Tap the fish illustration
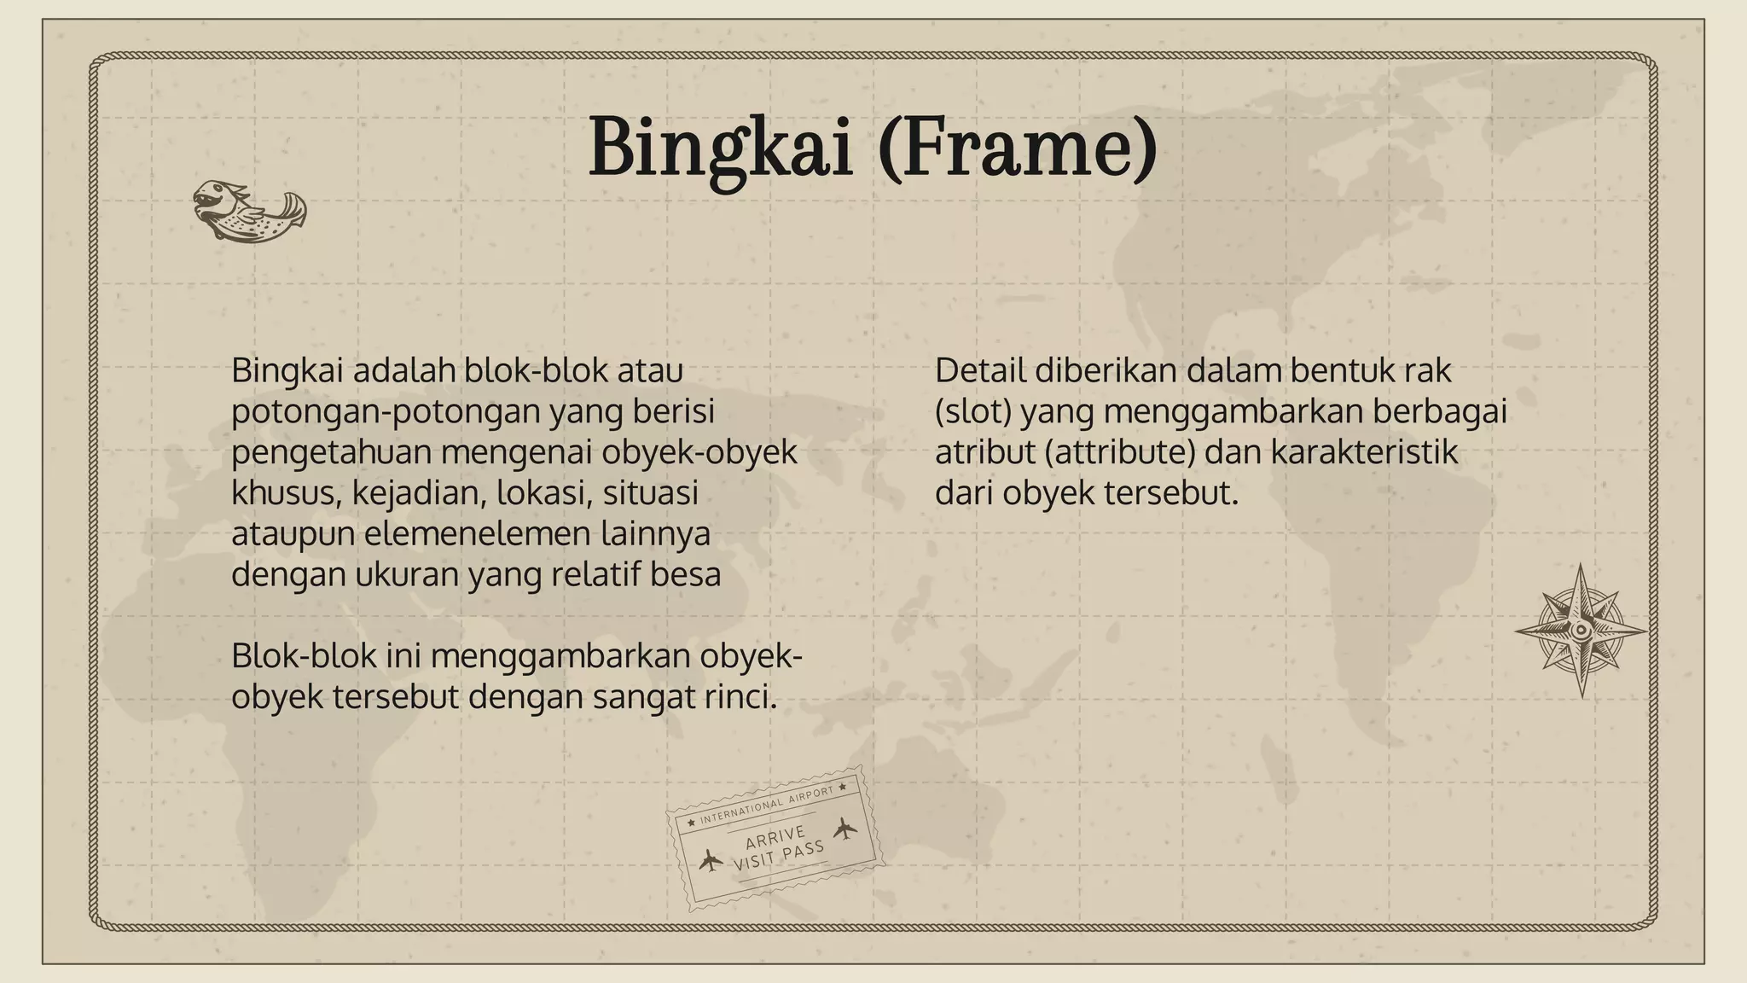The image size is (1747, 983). [248, 210]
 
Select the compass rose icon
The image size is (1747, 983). [1581, 631]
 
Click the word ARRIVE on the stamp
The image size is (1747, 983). [775, 836]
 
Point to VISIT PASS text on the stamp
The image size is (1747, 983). [779, 855]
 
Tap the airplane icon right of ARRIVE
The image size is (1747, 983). [844, 828]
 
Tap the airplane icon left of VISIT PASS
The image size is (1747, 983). [710, 860]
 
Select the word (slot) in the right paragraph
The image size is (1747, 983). [973, 411]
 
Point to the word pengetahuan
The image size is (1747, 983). [331, 452]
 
